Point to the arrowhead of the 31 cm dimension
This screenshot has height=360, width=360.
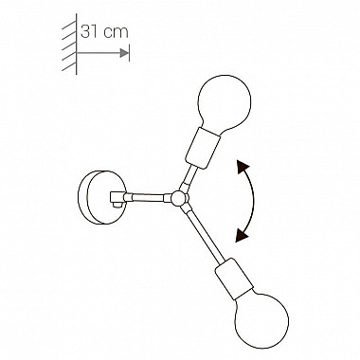[x=125, y=56]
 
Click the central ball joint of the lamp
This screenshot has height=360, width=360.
[x=176, y=197]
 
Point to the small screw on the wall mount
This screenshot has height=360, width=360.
[x=118, y=200]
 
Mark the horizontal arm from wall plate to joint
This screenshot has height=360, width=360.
[x=147, y=196]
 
